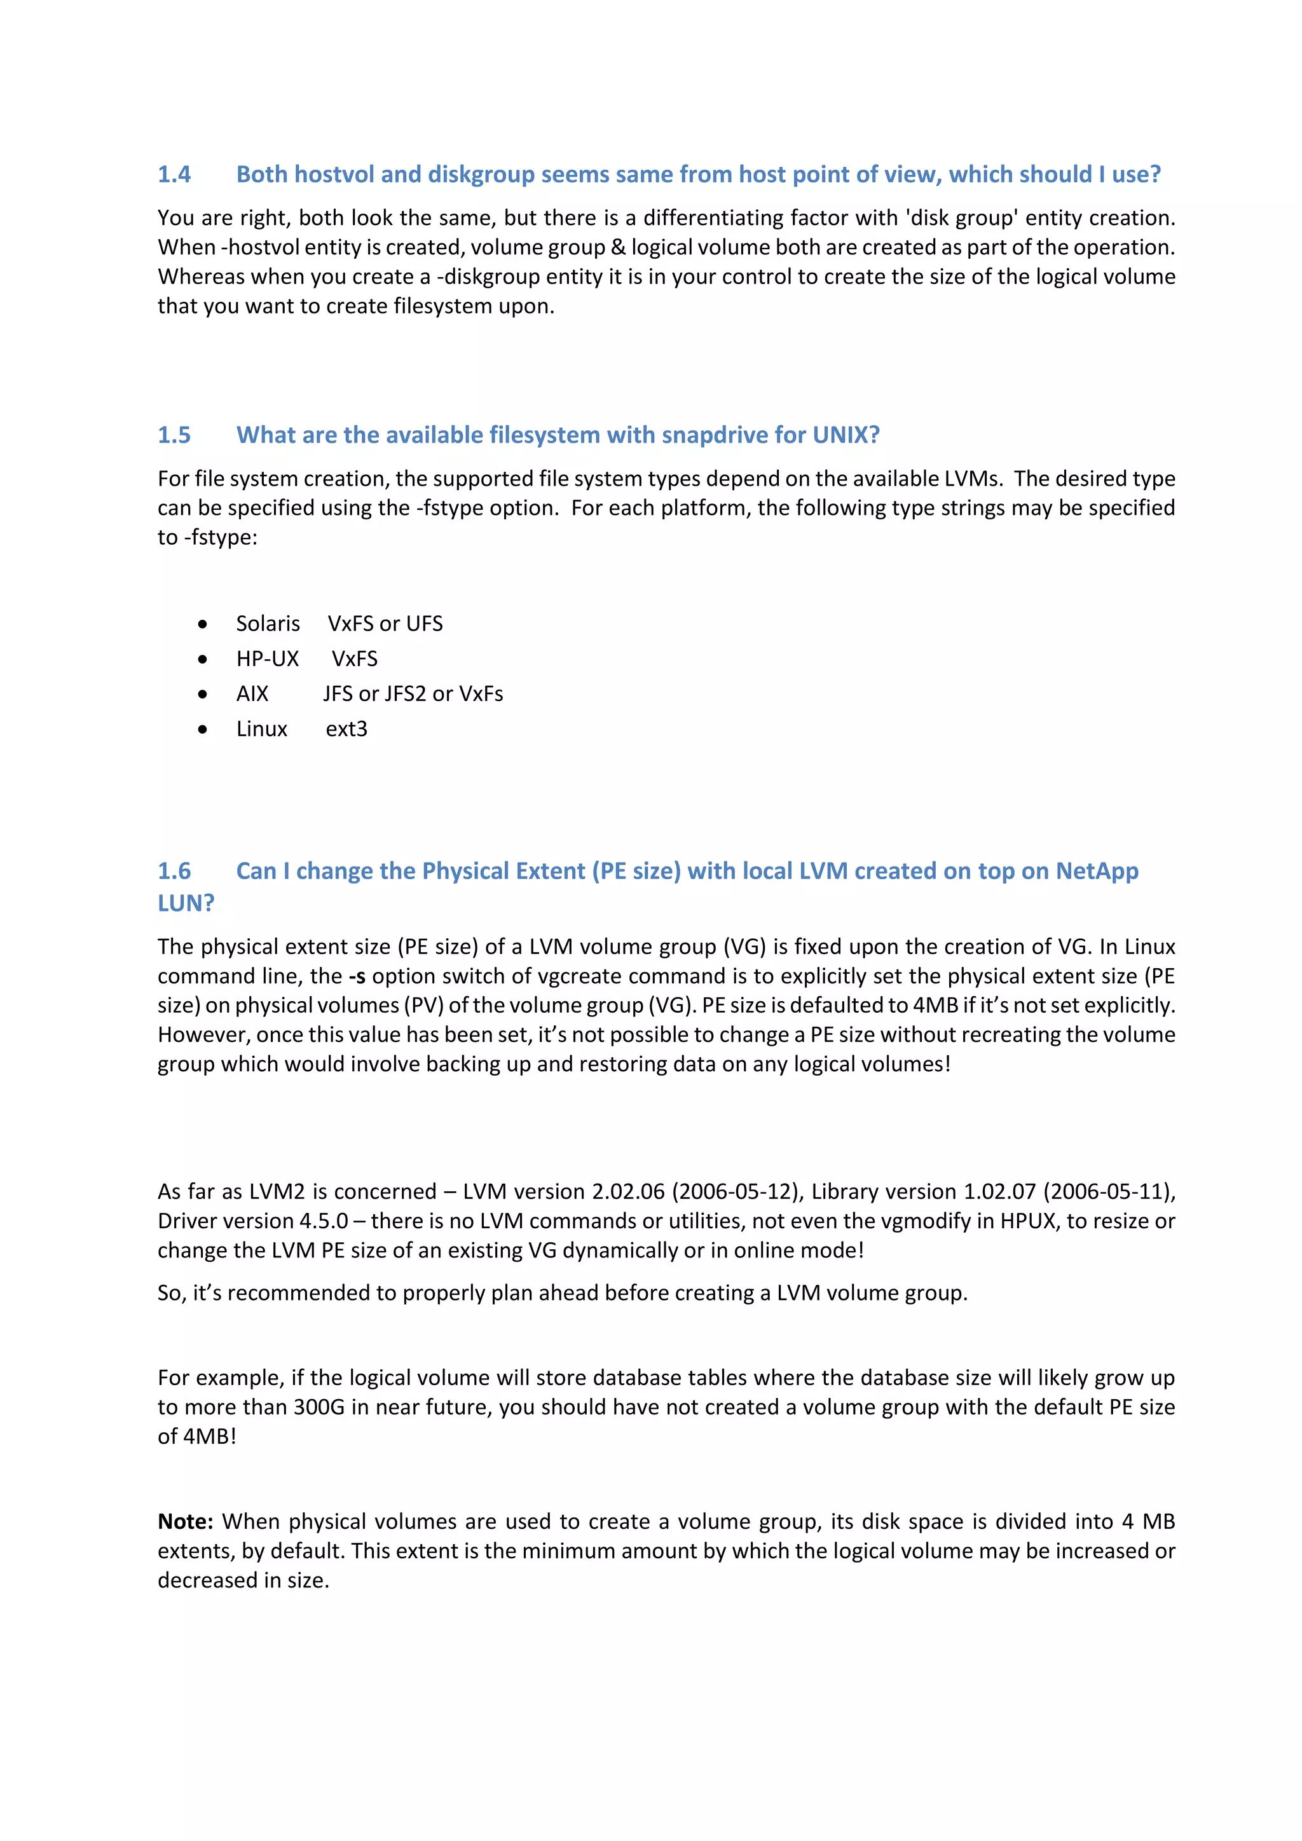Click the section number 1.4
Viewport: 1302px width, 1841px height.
[174, 175]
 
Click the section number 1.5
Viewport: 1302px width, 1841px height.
[174, 435]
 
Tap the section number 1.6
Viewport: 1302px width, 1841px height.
[174, 872]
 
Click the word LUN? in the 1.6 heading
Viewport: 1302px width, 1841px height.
[186, 904]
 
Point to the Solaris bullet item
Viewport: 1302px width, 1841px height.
[268, 624]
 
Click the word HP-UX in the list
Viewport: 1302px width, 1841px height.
[267, 659]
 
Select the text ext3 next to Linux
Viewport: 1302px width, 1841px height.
[346, 730]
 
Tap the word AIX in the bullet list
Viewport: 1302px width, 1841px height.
[252, 694]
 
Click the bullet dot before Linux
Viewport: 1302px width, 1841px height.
[203, 730]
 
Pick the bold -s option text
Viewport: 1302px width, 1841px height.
[357, 976]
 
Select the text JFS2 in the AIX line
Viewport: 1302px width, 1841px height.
[405, 694]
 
